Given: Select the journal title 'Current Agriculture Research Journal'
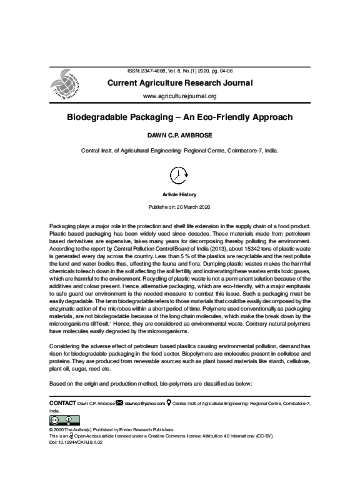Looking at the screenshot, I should pyautogui.click(x=180, y=83).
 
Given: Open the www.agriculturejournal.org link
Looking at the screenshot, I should pyautogui.click(x=180, y=96).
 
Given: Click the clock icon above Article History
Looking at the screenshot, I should pyautogui.click(x=179, y=175).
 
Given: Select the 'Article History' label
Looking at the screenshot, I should pyautogui.click(x=179, y=195).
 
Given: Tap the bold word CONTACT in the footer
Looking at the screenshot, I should pyautogui.click(x=62, y=404).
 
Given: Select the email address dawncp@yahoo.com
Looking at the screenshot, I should pyautogui.click(x=144, y=404).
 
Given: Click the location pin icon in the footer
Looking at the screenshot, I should pyautogui.click(x=169, y=404).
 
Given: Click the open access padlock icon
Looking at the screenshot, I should pyautogui.click(x=76, y=436).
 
